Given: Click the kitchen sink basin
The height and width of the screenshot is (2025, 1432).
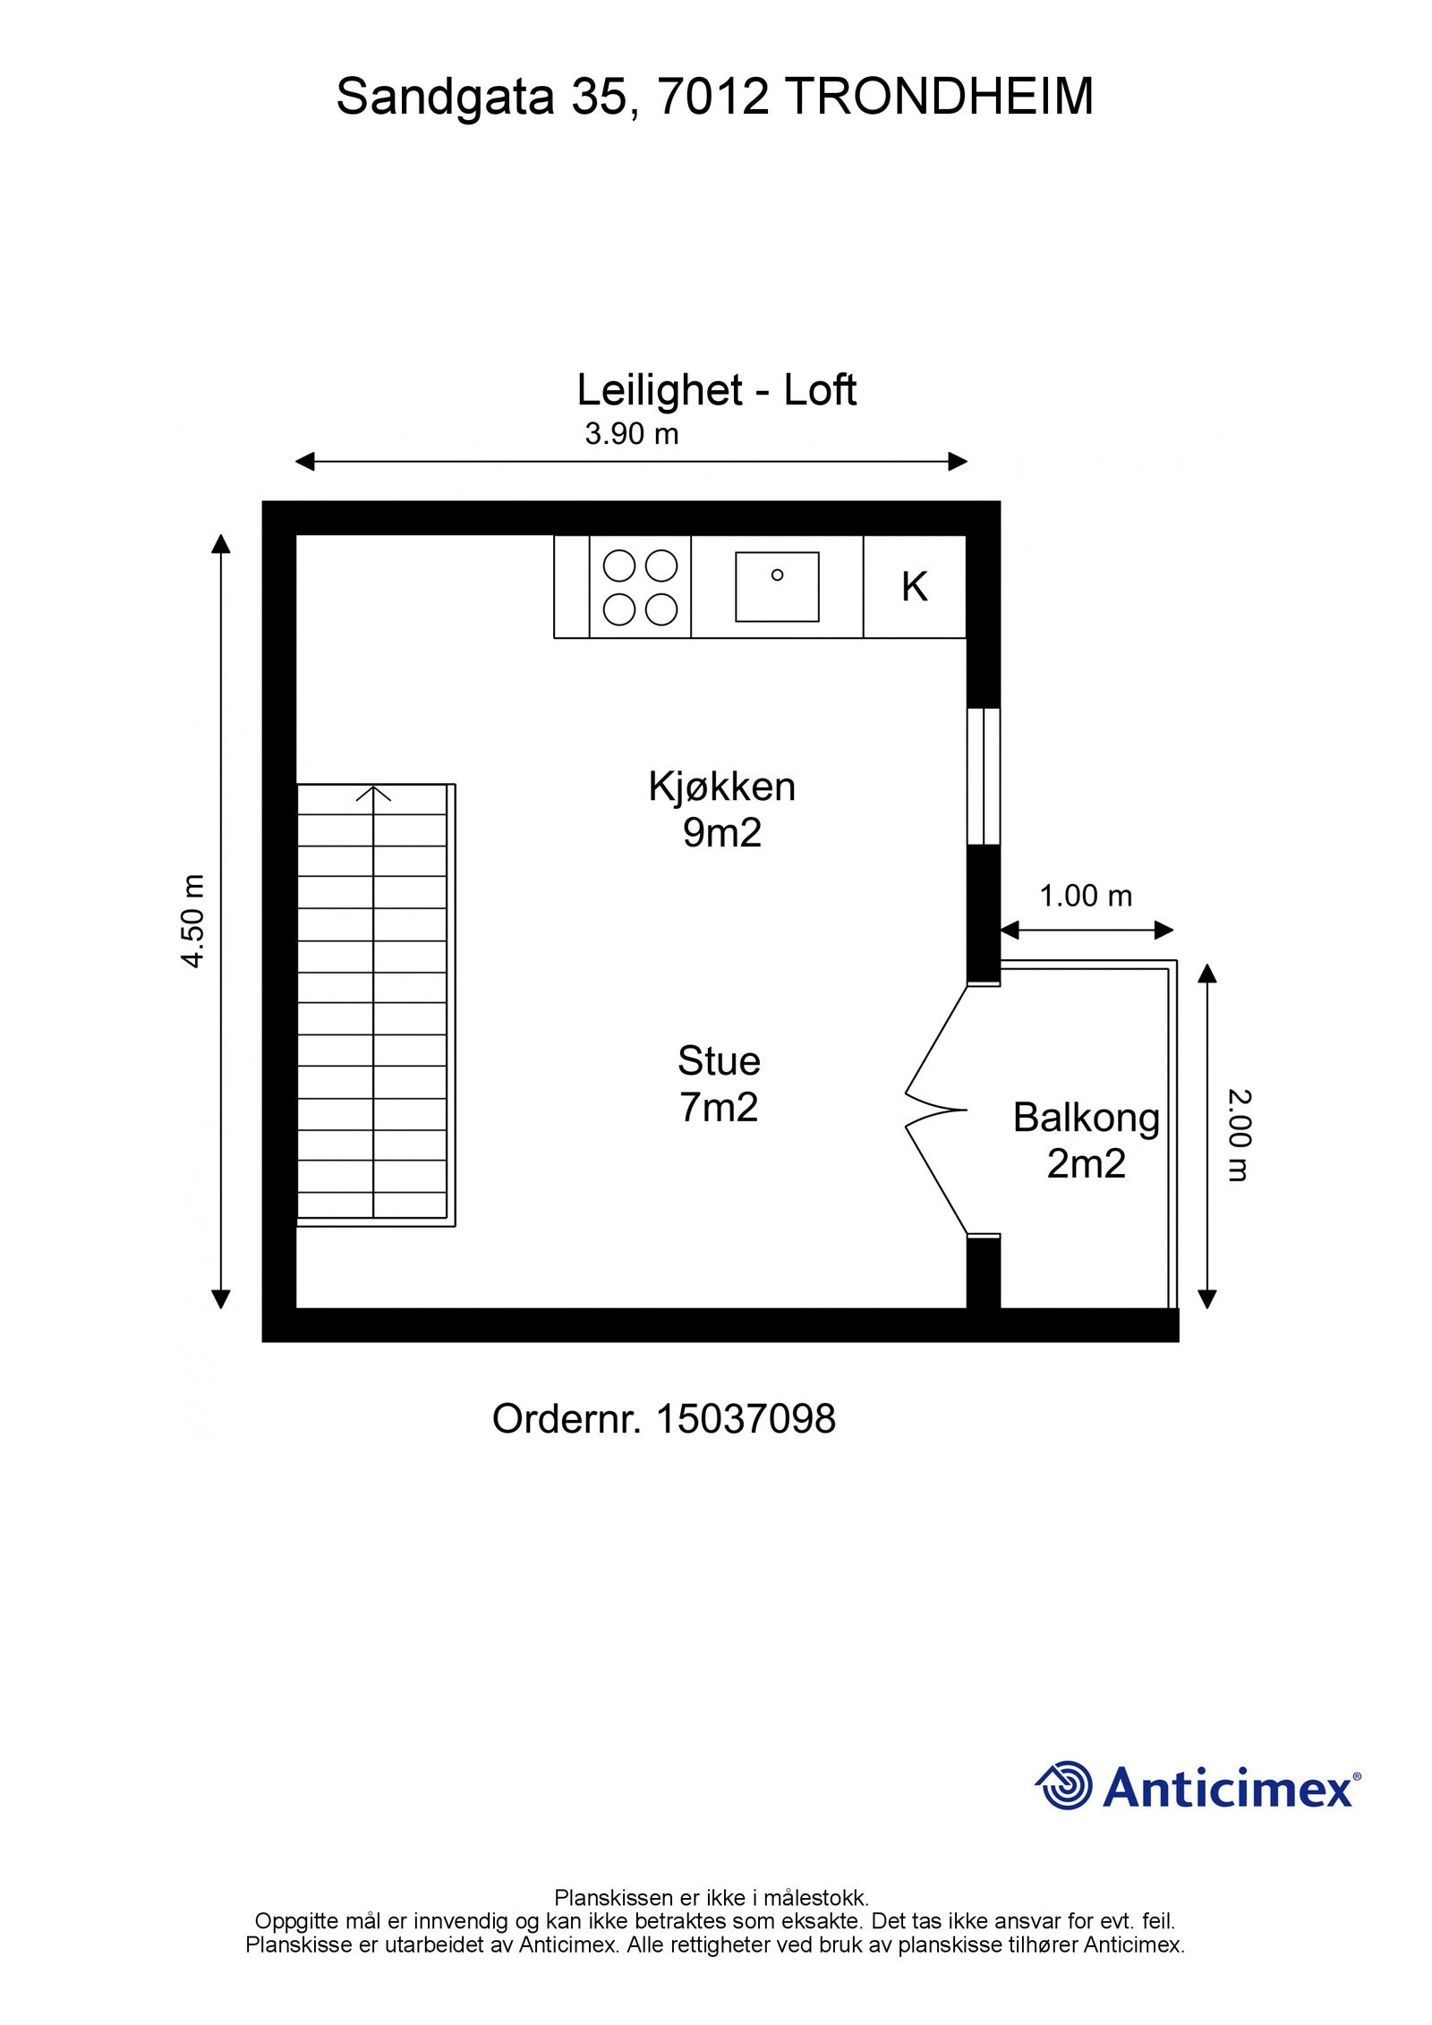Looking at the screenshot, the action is pyautogui.click(x=777, y=587).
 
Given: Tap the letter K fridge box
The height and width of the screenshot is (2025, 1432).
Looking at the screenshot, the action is pyautogui.click(x=915, y=587).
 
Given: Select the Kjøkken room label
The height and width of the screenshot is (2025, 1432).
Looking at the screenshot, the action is pyautogui.click(x=721, y=787).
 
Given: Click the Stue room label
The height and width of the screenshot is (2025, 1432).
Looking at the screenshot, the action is pyautogui.click(x=719, y=1061).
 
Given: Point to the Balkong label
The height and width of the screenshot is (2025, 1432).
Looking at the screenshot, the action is pyautogui.click(x=1087, y=1119).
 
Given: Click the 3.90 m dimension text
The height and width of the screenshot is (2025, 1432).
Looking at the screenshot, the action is pyautogui.click(x=632, y=434).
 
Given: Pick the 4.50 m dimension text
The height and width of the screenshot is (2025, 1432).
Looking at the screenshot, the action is pyautogui.click(x=193, y=921).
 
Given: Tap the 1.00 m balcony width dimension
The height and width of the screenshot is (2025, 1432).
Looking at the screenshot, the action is pyautogui.click(x=1086, y=896).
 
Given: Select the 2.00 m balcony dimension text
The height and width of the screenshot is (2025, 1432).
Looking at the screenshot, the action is pyautogui.click(x=1239, y=1135).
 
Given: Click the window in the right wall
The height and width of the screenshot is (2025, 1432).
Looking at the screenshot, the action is pyautogui.click(x=984, y=776).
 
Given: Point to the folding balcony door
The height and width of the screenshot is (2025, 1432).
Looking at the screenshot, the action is pyautogui.click(x=937, y=1110).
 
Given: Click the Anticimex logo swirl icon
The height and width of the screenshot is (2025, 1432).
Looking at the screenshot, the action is pyautogui.click(x=1064, y=1785).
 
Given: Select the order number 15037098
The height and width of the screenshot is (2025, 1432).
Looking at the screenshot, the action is pyautogui.click(x=746, y=1418).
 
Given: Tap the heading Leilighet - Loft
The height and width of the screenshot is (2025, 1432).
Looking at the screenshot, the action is pyautogui.click(x=716, y=390).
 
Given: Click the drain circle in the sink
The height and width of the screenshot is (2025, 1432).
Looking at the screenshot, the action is pyautogui.click(x=777, y=574).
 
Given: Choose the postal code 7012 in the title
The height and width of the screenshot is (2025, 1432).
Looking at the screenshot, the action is pyautogui.click(x=713, y=97).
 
